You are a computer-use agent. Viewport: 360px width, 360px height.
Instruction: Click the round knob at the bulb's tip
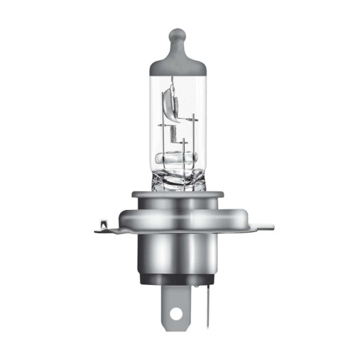point(177,34)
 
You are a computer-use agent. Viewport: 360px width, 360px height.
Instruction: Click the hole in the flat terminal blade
point(176,314)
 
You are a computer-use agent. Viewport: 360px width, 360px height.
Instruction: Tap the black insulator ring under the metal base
point(179,277)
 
